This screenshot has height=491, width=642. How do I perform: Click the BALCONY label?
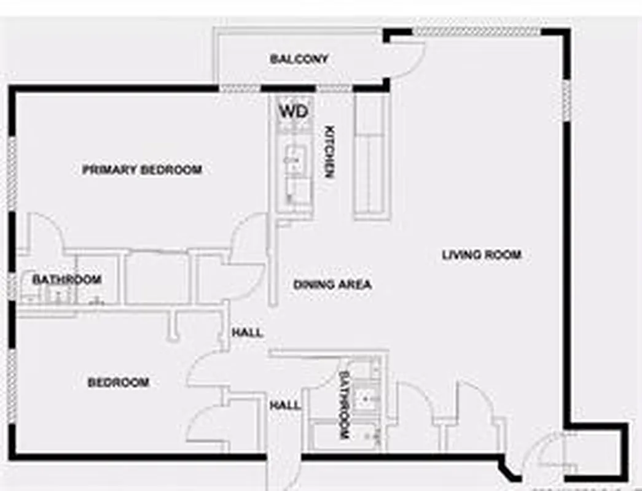point(299,59)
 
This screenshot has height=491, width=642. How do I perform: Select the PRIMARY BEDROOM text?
point(142,169)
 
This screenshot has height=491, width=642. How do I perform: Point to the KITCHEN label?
point(329,152)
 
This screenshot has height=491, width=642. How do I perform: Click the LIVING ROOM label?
point(482,254)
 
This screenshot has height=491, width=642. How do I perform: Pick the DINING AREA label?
point(332,285)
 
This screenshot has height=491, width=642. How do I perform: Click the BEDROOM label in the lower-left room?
point(118,382)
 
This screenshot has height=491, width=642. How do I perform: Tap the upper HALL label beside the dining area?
point(247,333)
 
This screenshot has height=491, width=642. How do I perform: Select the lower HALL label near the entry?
point(286,405)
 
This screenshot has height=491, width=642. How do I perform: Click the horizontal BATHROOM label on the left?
point(66,280)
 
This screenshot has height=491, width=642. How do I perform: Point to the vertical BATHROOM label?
point(344,404)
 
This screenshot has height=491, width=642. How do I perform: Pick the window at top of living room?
point(476,31)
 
